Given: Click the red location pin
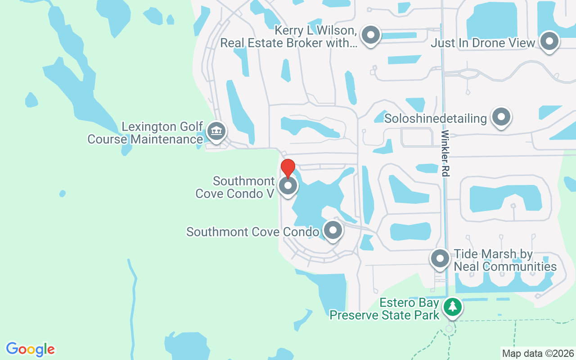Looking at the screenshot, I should [x=288, y=167].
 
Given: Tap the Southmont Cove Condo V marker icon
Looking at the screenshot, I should [x=288, y=186].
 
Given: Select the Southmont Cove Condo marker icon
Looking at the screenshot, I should [x=333, y=231].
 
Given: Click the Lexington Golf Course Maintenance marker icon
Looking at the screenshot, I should [x=216, y=131].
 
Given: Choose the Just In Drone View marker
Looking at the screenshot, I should [x=549, y=42].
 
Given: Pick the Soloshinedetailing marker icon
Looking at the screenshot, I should [x=501, y=117].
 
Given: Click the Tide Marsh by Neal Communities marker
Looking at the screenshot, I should [x=440, y=259].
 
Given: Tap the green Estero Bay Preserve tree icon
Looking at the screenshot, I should [x=453, y=307].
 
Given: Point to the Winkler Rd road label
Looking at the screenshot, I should [x=445, y=153].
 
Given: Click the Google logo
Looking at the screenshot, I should [x=30, y=349].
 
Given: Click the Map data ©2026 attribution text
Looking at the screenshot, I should [x=538, y=353].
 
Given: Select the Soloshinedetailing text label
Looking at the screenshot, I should [x=436, y=118].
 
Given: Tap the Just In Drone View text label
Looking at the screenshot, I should [x=483, y=43].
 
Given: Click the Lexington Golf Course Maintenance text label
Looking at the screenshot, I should [x=145, y=133].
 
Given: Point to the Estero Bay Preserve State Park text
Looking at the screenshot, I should [x=385, y=309].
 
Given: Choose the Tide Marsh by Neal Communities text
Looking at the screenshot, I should [x=505, y=260].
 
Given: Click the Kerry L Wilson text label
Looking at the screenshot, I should [x=288, y=37].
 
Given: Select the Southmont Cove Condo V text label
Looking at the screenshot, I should [x=235, y=187].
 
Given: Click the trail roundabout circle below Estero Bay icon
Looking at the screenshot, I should [x=449, y=329].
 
